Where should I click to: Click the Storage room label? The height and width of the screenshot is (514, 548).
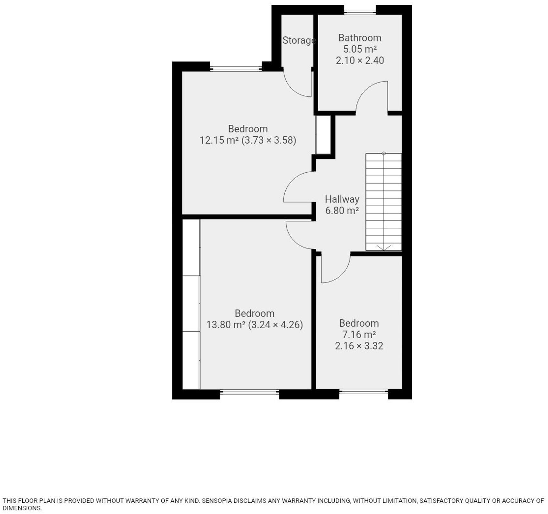299,40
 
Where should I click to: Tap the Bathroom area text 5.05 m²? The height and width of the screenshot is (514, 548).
360,49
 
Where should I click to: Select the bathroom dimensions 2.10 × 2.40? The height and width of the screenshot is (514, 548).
360,60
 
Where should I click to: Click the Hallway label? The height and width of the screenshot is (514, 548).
342,199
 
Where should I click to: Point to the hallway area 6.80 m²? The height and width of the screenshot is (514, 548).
342,210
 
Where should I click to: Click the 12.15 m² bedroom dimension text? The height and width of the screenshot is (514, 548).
248,140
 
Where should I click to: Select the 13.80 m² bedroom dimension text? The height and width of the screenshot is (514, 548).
254,324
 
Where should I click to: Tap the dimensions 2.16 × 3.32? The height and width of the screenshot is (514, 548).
359,346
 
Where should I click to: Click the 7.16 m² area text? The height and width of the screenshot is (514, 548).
359,334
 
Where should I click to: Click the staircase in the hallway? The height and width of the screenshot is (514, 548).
383,202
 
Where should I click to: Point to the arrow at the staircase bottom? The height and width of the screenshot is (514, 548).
383,248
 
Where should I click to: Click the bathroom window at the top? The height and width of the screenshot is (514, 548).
360,12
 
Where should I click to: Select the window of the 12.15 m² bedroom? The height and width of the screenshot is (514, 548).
236,68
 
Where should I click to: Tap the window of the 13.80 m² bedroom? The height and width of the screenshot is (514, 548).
249,392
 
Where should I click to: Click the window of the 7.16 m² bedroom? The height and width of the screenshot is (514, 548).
363,392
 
